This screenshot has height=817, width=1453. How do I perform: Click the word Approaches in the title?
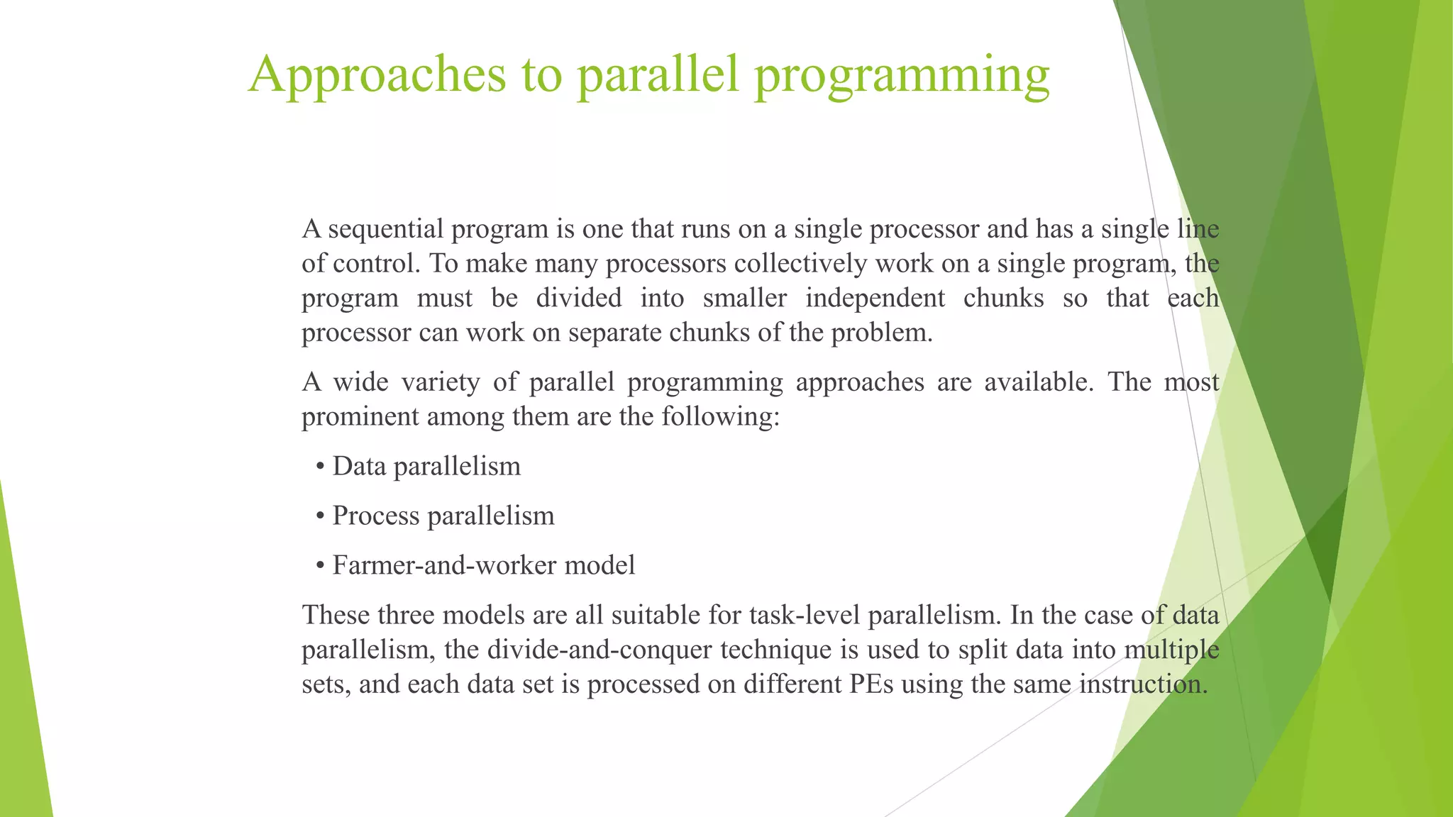(x=377, y=74)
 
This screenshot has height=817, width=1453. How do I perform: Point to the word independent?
(x=875, y=298)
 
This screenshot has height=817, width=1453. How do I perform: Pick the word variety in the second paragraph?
(x=441, y=382)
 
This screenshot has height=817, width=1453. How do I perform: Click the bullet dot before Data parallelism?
(x=321, y=467)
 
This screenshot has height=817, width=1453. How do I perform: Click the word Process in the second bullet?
(x=376, y=516)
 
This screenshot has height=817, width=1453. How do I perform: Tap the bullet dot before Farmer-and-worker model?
(x=321, y=566)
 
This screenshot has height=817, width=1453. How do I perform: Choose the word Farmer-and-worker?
(x=444, y=565)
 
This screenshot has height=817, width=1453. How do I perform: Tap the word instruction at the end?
(x=1143, y=684)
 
